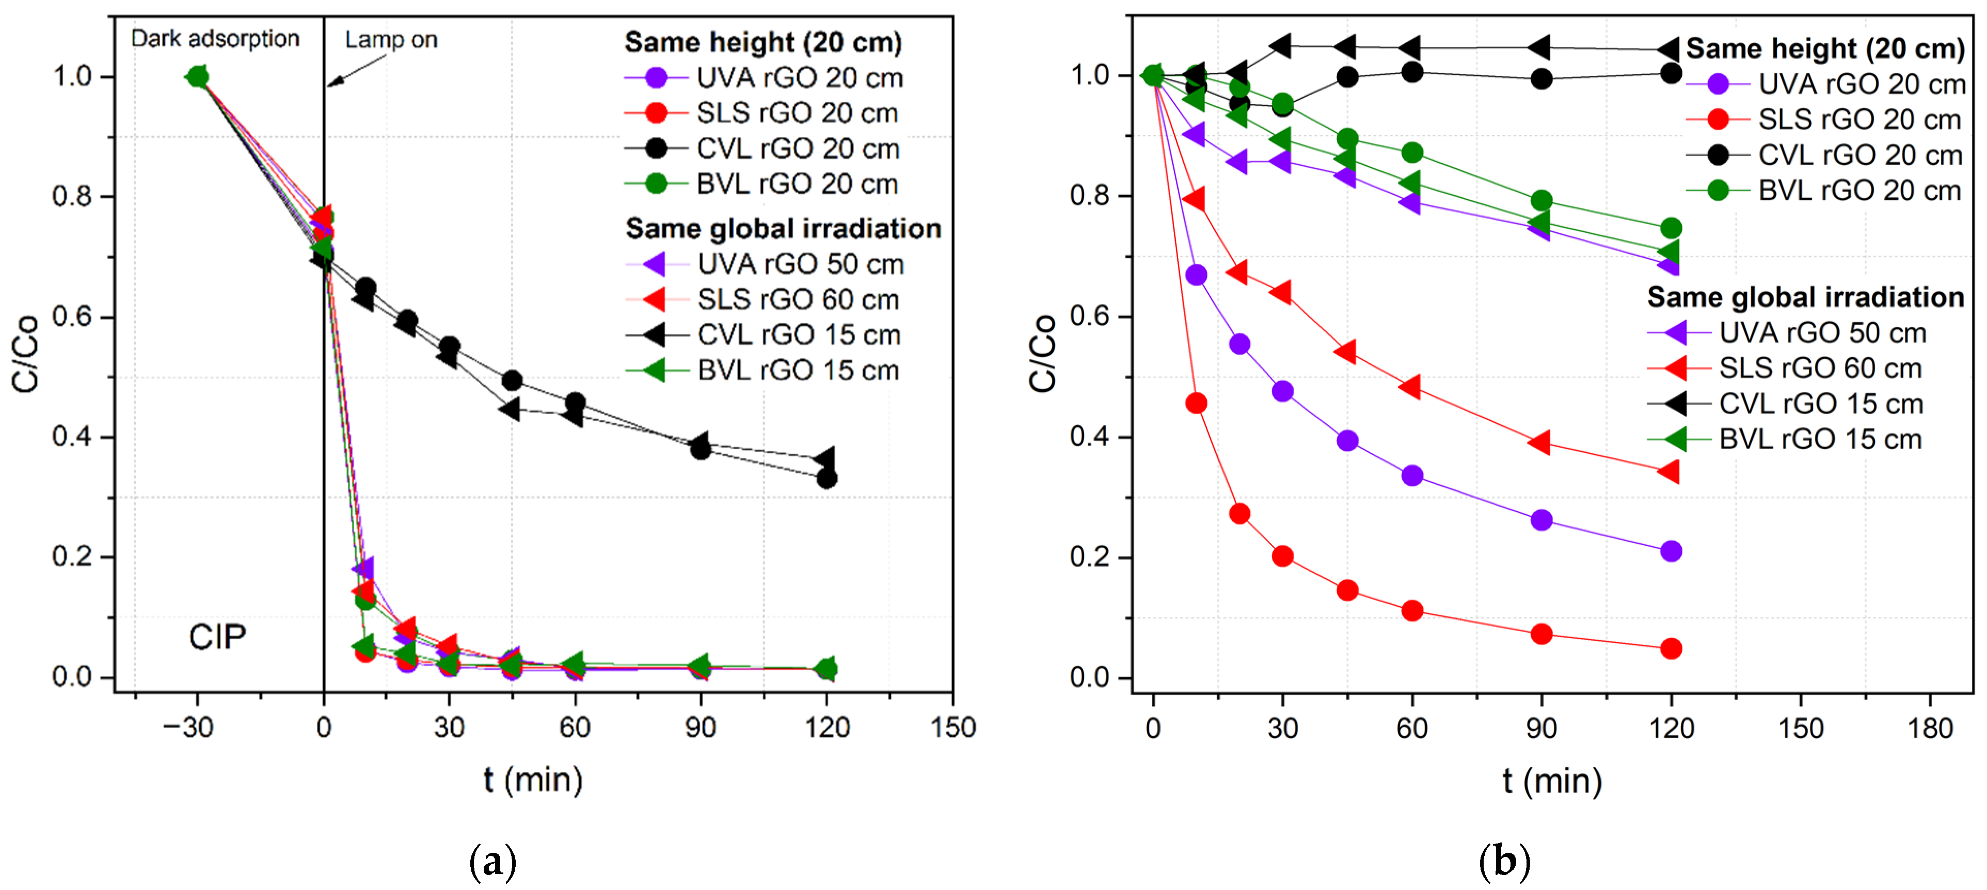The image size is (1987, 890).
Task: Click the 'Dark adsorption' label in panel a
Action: (x=215, y=39)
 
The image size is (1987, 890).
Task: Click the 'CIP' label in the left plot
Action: (x=217, y=637)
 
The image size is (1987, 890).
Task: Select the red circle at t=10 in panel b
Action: (x=1196, y=403)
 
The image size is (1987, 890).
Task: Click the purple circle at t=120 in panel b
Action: (x=1671, y=551)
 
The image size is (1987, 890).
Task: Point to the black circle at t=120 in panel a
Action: (x=826, y=478)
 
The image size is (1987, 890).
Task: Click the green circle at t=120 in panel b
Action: (x=1671, y=228)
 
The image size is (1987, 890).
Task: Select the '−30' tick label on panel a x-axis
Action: (x=188, y=727)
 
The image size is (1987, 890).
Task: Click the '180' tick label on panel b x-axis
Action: (x=1930, y=728)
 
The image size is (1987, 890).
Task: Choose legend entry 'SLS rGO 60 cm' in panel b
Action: (x=1820, y=368)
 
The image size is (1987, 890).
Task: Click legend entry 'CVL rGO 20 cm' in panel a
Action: (x=798, y=148)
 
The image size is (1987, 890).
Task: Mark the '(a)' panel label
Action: (x=492, y=862)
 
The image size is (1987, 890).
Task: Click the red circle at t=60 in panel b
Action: (x=1411, y=611)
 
